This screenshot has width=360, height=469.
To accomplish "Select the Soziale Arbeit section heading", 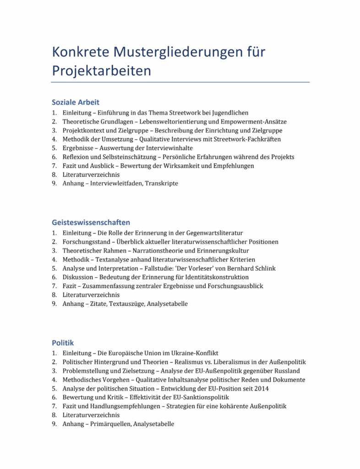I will tap(75, 102).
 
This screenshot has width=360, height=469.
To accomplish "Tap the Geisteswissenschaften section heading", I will tap(91, 223).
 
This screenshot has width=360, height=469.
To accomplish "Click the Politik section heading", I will tap(63, 343).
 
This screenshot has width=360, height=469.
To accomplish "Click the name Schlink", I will tap(265, 268).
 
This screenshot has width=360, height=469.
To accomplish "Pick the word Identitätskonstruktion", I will tap(215, 277).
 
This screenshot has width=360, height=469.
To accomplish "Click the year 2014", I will tap(262, 388).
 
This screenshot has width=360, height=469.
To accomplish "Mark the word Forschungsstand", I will tap(85, 242).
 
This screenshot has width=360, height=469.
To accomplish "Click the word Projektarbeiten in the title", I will tap(101, 71).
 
